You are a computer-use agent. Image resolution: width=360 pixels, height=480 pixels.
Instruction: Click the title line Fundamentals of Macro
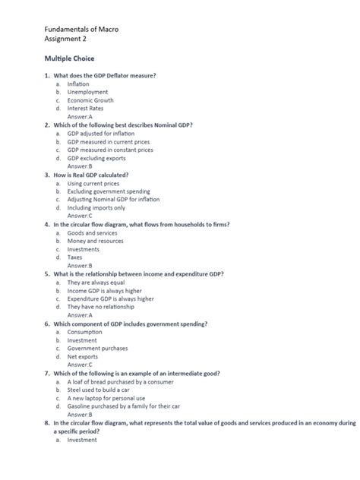[x=81, y=29]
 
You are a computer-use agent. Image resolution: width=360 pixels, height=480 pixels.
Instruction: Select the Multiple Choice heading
[x=69, y=58]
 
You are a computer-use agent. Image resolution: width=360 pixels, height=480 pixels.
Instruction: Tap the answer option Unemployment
[x=87, y=92]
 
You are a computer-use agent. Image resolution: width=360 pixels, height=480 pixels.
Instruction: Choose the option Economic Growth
[x=90, y=100]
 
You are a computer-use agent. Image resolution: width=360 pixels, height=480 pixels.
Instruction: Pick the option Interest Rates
[x=85, y=109]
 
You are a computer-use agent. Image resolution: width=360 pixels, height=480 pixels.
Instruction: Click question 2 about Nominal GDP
[x=122, y=125]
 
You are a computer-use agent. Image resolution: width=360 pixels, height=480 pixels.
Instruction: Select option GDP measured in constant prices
[x=110, y=150]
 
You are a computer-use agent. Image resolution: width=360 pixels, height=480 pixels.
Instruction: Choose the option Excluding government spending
[x=108, y=191]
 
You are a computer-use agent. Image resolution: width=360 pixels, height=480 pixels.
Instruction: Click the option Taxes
[x=75, y=257]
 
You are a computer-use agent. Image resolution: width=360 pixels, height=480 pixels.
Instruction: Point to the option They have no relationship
[x=100, y=307]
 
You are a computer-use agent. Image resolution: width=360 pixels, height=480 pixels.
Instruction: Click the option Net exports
[x=82, y=356]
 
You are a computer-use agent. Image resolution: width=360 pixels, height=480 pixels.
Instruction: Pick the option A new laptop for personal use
[x=106, y=399]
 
